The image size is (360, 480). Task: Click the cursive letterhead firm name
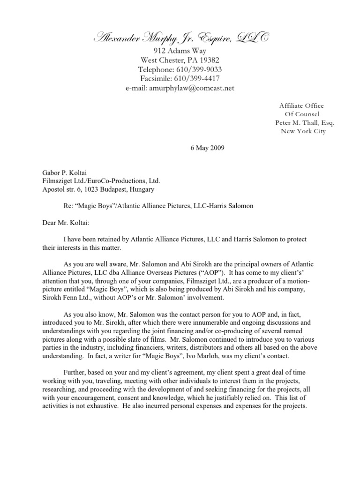pos(180,38)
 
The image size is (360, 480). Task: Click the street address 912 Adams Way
pos(180,51)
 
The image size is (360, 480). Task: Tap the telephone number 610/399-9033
pos(197,69)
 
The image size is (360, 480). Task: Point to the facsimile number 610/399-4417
pos(196,78)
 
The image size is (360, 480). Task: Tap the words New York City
pos(303,131)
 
